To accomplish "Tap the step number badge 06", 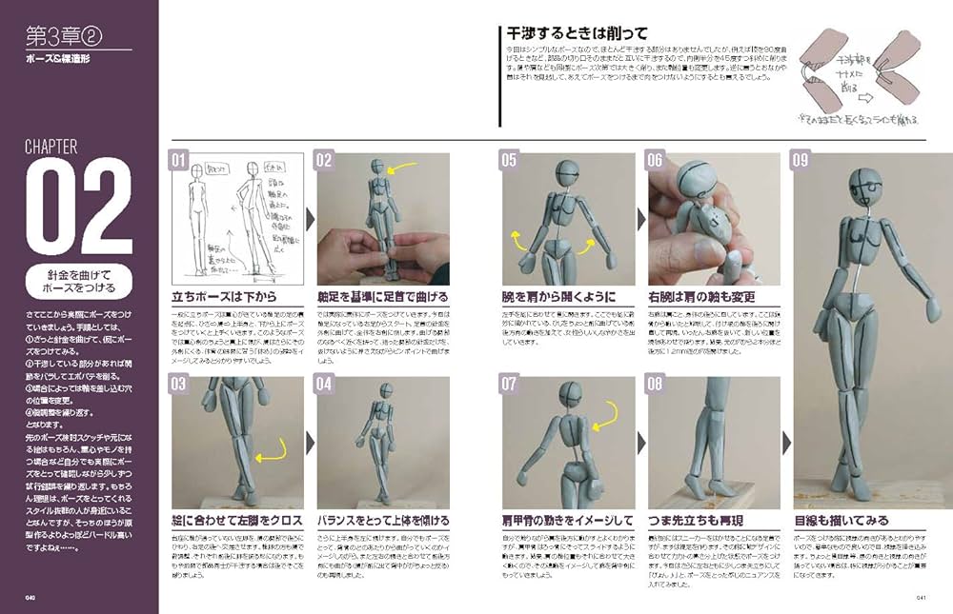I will pyautogui.click(x=655, y=161).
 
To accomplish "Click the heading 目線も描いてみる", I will pyautogui.click(x=841, y=521).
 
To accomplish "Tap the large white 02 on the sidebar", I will pyautogui.click(x=78, y=208).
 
